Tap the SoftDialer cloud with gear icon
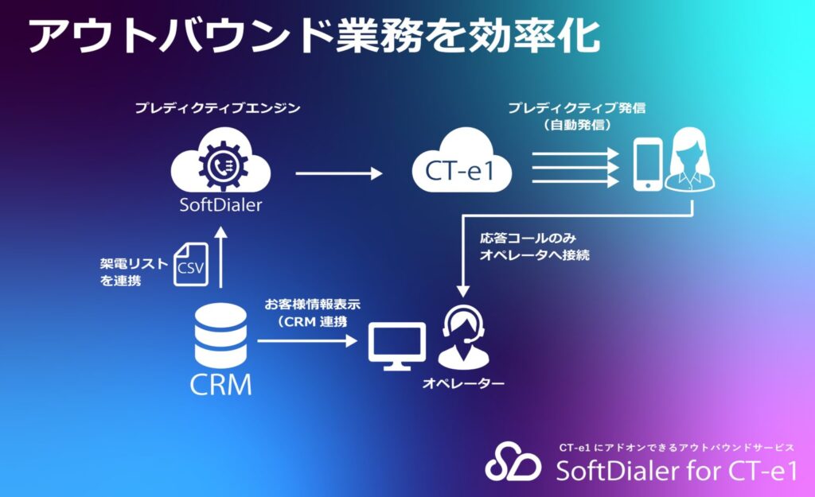coord(220,165)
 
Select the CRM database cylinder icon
coord(220,335)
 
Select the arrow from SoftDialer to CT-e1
coord(338,171)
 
